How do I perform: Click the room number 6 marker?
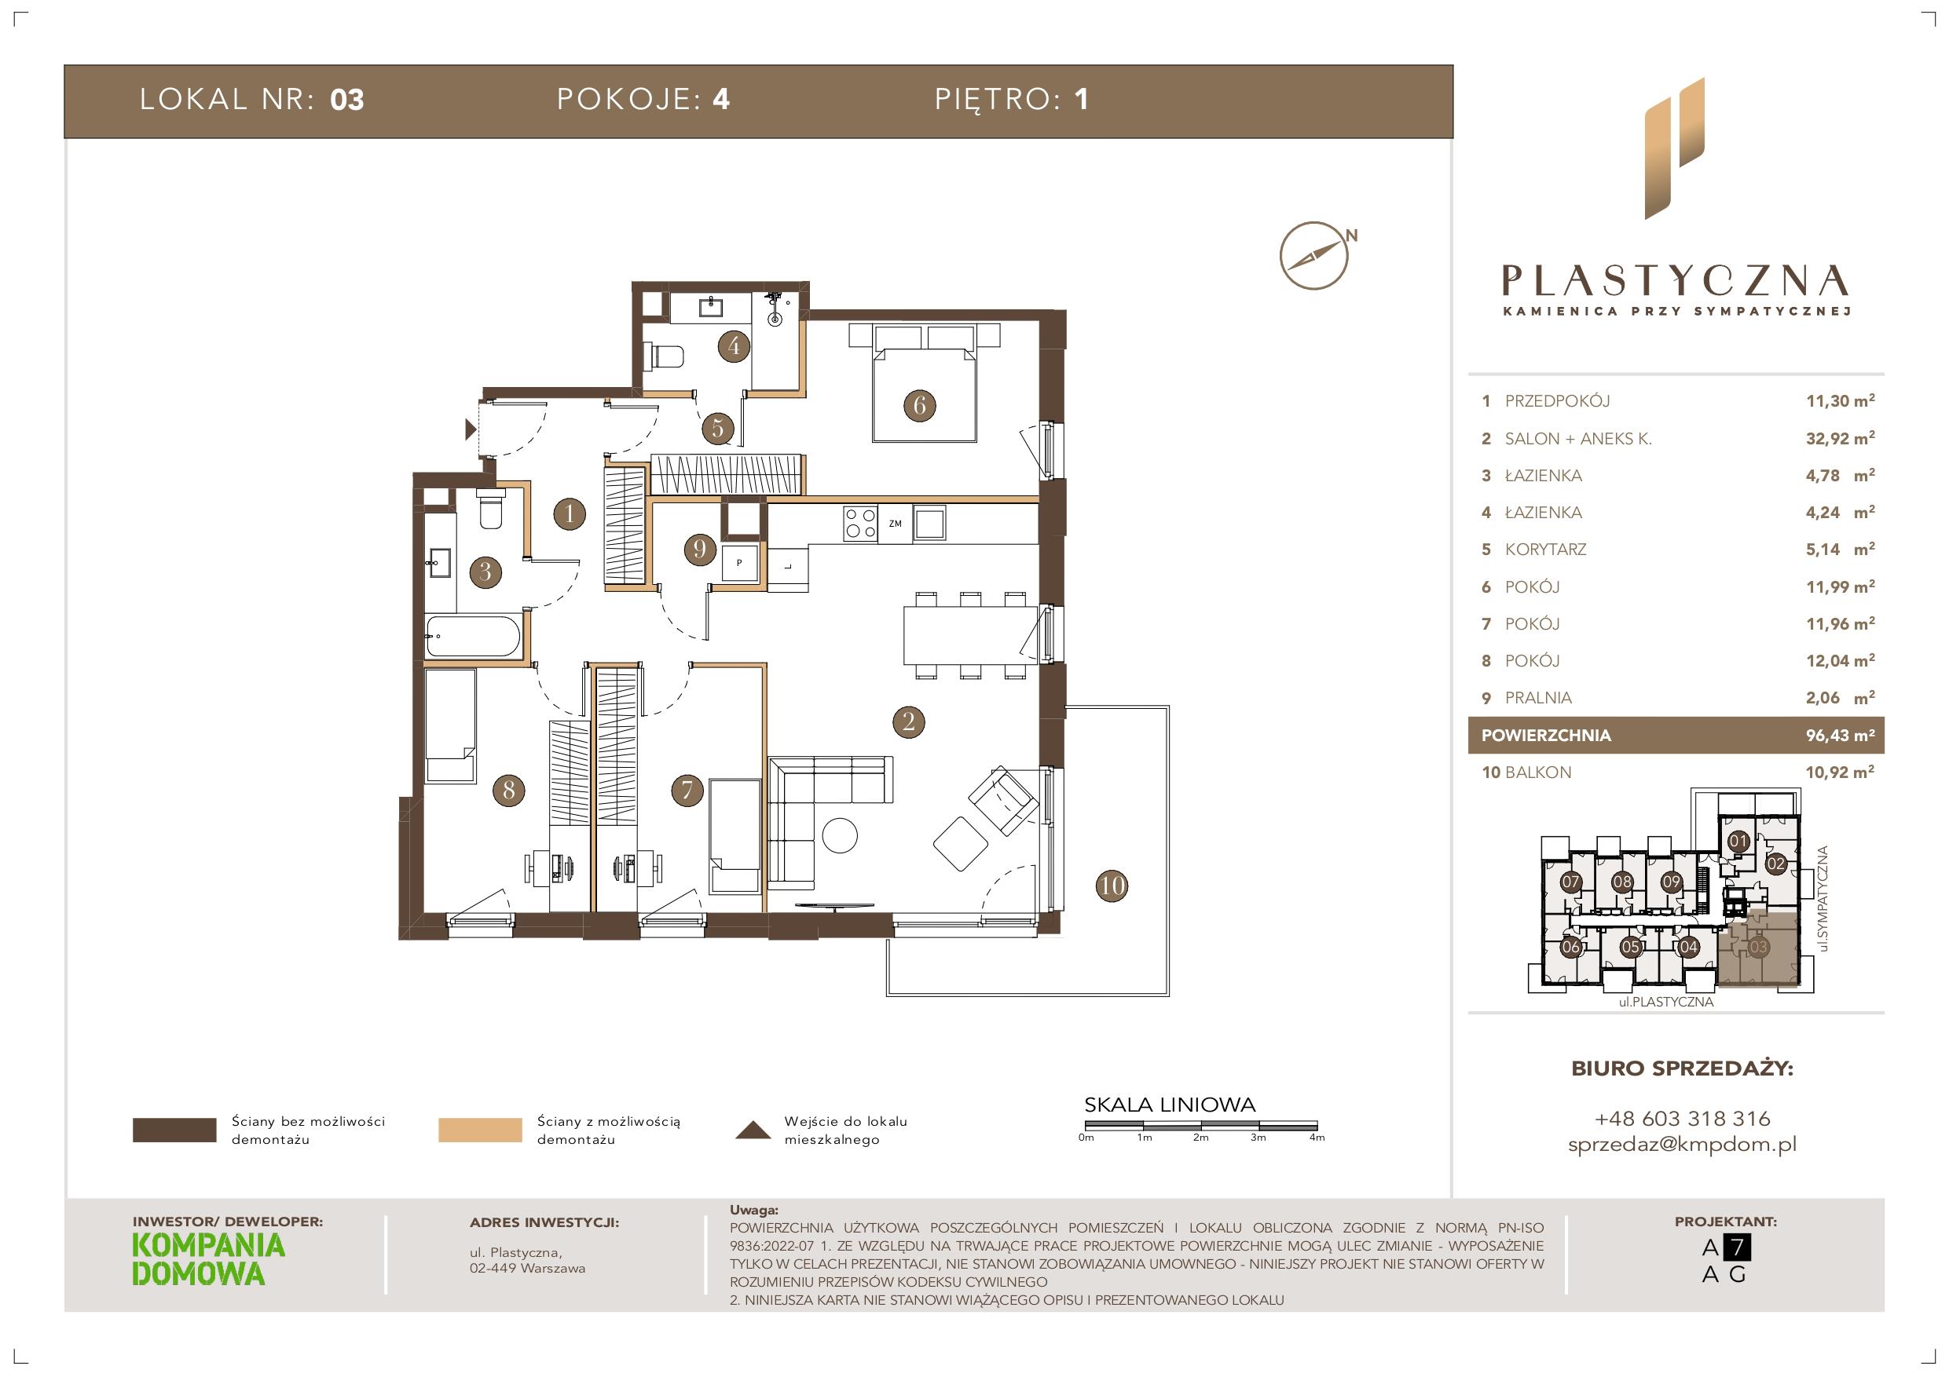coord(918,406)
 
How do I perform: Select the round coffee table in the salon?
coord(841,834)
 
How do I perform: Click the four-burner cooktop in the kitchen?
coord(860,523)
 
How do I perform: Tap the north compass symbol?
coord(1315,255)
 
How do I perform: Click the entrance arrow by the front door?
coord(471,430)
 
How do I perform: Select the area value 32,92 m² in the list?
coord(1840,438)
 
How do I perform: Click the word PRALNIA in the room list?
coord(1538,697)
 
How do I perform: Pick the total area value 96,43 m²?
coord(1840,735)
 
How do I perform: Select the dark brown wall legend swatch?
coord(174,1130)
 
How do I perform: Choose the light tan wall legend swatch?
coord(480,1130)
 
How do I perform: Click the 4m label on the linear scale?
coord(1317,1138)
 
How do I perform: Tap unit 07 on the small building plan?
coord(1570,882)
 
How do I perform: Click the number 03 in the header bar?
coord(346,100)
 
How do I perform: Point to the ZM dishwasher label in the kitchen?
coord(895,524)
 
